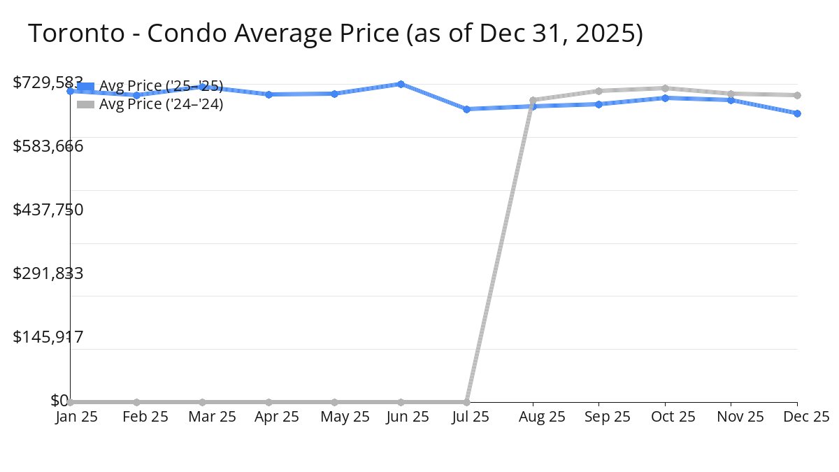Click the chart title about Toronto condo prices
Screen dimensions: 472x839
pyautogui.click(x=335, y=33)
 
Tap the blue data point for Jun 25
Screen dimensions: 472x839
pyautogui.click(x=401, y=84)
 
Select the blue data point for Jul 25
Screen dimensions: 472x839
pyautogui.click(x=466, y=109)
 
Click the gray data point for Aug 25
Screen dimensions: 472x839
pyautogui.click(x=533, y=100)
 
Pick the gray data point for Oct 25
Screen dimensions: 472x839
pyautogui.click(x=665, y=88)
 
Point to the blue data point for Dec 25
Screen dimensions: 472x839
pyautogui.click(x=797, y=113)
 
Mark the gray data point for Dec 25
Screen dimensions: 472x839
pyautogui.click(x=797, y=95)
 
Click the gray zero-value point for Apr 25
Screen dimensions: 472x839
pyautogui.click(x=268, y=402)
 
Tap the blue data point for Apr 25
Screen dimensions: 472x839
pyautogui.click(x=268, y=94)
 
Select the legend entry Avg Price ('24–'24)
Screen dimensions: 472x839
pyautogui.click(x=161, y=105)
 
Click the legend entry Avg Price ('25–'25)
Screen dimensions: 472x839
pyautogui.click(x=161, y=86)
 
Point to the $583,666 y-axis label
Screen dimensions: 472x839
pyautogui.click(x=48, y=146)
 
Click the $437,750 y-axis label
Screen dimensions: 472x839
pyautogui.click(x=48, y=210)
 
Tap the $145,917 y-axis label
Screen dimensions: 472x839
pyautogui.click(x=48, y=337)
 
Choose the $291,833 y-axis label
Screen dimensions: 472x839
pyautogui.click(x=48, y=273)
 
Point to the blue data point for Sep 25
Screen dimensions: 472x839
pyautogui.click(x=598, y=104)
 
